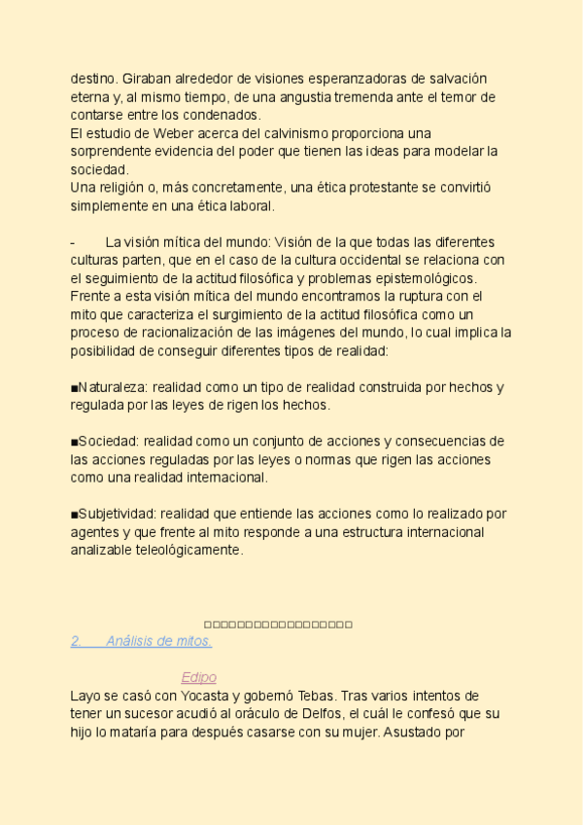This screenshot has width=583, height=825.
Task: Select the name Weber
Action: pos(175,132)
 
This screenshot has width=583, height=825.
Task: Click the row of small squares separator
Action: pos(278,625)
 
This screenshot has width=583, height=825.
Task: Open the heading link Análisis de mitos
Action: pos(159,641)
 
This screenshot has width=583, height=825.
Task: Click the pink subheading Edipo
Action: pos(198,677)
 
